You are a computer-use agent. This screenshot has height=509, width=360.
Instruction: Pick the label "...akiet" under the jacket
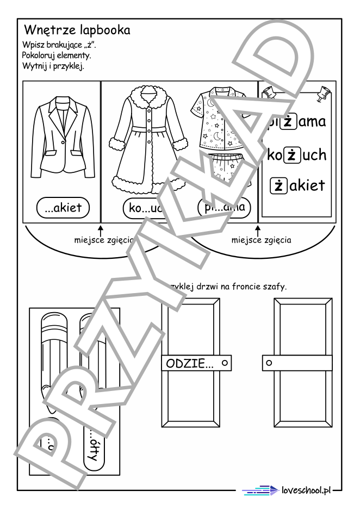tap(63, 207)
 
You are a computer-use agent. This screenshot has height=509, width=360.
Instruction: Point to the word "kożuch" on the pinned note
tap(297, 155)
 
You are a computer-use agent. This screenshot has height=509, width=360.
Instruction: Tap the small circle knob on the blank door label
tap(269, 362)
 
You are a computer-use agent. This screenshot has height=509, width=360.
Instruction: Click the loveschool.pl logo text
tap(307, 491)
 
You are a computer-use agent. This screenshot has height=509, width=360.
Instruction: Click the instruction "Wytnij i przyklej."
tap(49, 66)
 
